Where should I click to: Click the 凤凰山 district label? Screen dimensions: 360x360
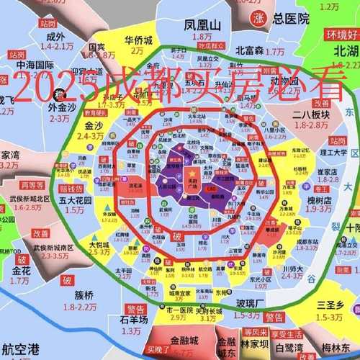202,24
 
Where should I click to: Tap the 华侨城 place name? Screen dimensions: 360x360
139,40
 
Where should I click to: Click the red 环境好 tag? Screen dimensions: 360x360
341,34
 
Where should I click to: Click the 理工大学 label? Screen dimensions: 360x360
333,152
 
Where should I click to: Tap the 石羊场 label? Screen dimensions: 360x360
134,320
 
